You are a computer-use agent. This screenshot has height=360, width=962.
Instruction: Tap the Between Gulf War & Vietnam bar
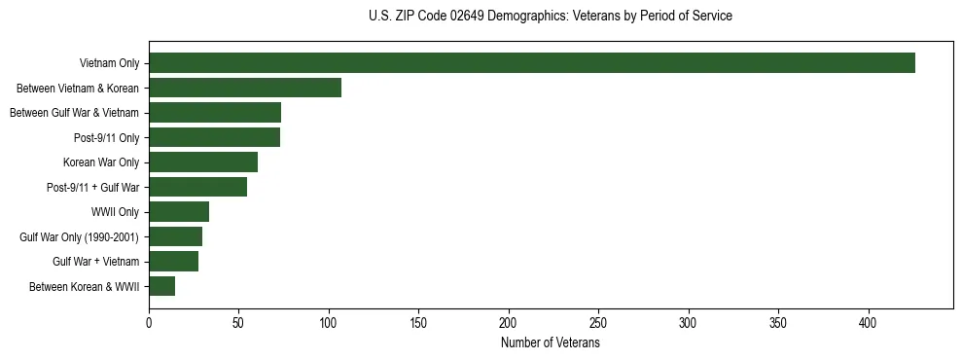(215, 113)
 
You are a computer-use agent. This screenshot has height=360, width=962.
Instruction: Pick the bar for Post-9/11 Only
(214, 137)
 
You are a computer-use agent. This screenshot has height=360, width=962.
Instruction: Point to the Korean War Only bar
(203, 162)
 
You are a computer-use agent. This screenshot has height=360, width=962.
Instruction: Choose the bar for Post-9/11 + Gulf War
(197, 187)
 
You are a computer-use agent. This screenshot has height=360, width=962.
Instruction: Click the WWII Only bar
(179, 212)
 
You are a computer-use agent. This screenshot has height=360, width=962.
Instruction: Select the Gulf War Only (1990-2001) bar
(175, 236)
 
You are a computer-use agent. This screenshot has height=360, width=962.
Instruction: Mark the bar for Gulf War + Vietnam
(173, 262)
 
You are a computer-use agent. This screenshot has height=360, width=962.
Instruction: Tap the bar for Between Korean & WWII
(161, 286)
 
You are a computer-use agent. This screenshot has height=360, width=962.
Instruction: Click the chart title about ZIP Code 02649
(551, 17)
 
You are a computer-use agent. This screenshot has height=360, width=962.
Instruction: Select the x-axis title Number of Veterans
(551, 342)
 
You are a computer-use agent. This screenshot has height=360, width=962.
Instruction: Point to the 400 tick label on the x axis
(869, 322)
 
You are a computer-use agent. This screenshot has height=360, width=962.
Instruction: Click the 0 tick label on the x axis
(149, 322)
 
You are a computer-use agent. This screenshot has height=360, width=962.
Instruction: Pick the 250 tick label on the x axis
(598, 322)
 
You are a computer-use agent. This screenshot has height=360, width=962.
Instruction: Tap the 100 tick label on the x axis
(329, 322)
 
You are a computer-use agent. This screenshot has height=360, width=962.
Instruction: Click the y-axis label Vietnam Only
(109, 64)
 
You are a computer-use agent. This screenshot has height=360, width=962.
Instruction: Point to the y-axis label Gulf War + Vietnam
(95, 262)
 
